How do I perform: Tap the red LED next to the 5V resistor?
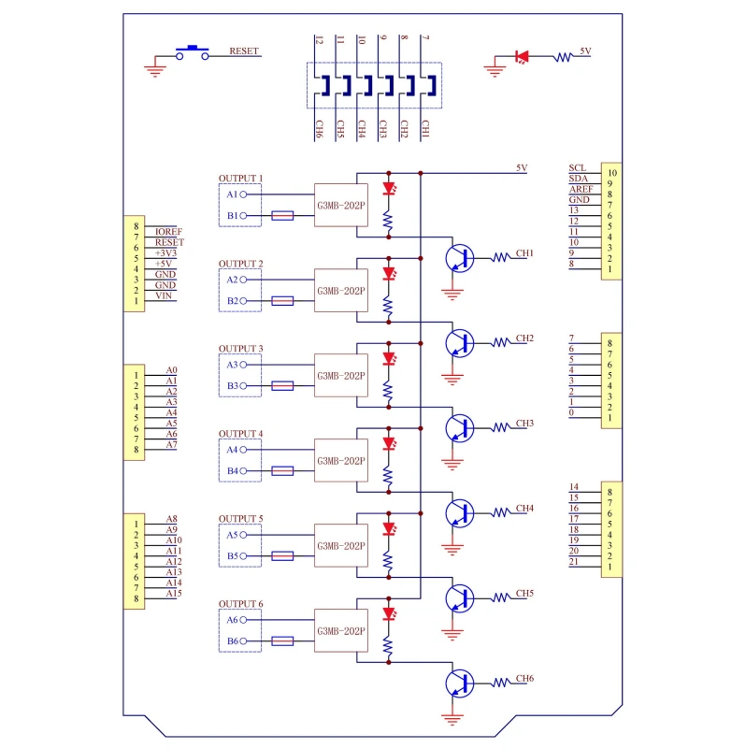click(x=522, y=57)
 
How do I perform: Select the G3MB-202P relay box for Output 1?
click(x=341, y=205)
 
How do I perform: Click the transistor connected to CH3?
click(x=460, y=428)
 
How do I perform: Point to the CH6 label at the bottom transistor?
click(x=525, y=678)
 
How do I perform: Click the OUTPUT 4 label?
click(x=240, y=434)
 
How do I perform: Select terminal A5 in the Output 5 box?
click(x=232, y=536)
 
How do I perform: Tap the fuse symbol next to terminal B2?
click(x=282, y=301)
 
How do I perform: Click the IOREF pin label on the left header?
click(x=167, y=231)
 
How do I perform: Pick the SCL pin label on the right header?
click(x=577, y=168)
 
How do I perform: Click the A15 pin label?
click(x=173, y=594)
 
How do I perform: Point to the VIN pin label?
click(x=164, y=295)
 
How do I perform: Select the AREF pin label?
click(x=580, y=189)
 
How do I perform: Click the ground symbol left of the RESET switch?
click(x=154, y=65)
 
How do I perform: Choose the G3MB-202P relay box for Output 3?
click(x=341, y=375)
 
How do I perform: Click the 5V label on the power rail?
click(x=522, y=168)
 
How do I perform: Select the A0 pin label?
click(x=171, y=370)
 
